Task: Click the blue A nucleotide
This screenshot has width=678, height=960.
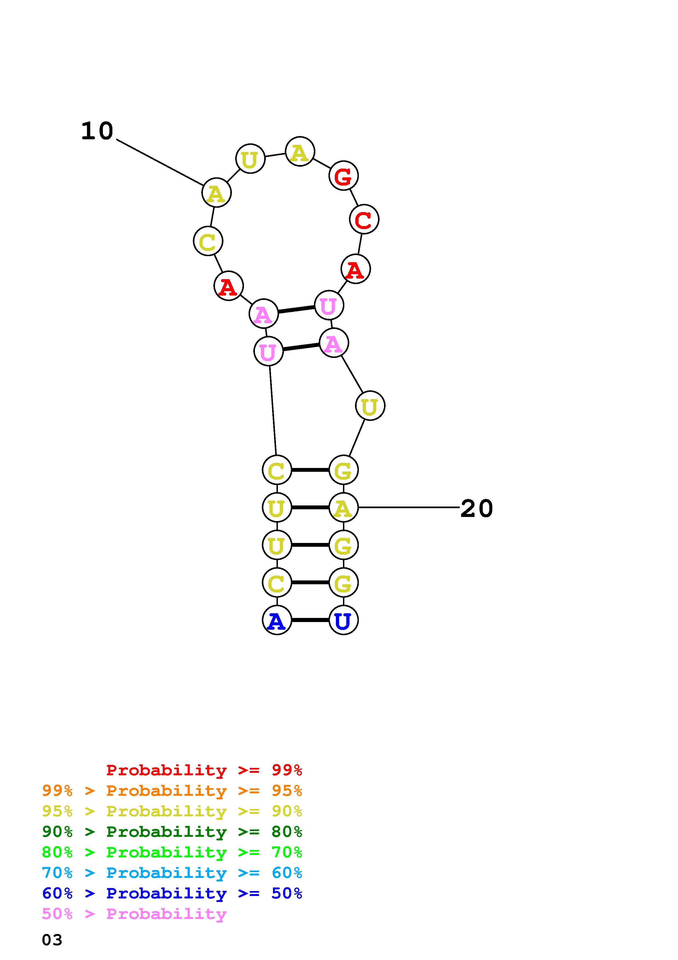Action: tap(277, 620)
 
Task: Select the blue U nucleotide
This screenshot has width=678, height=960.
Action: tap(344, 620)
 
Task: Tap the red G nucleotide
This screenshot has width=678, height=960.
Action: tap(344, 176)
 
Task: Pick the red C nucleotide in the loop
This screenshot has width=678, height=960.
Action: tap(364, 219)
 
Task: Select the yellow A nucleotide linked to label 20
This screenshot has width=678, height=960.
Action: tap(344, 508)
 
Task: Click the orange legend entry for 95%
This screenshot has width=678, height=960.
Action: tap(172, 791)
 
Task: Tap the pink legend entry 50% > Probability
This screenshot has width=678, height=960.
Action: tap(134, 913)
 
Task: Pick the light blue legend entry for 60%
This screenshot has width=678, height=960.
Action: tap(172, 873)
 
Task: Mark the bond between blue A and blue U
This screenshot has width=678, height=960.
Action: tap(310, 620)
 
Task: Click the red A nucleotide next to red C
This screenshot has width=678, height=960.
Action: tap(356, 269)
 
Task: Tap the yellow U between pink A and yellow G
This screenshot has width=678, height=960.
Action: tap(370, 406)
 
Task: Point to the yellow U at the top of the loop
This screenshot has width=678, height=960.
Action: tap(250, 159)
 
